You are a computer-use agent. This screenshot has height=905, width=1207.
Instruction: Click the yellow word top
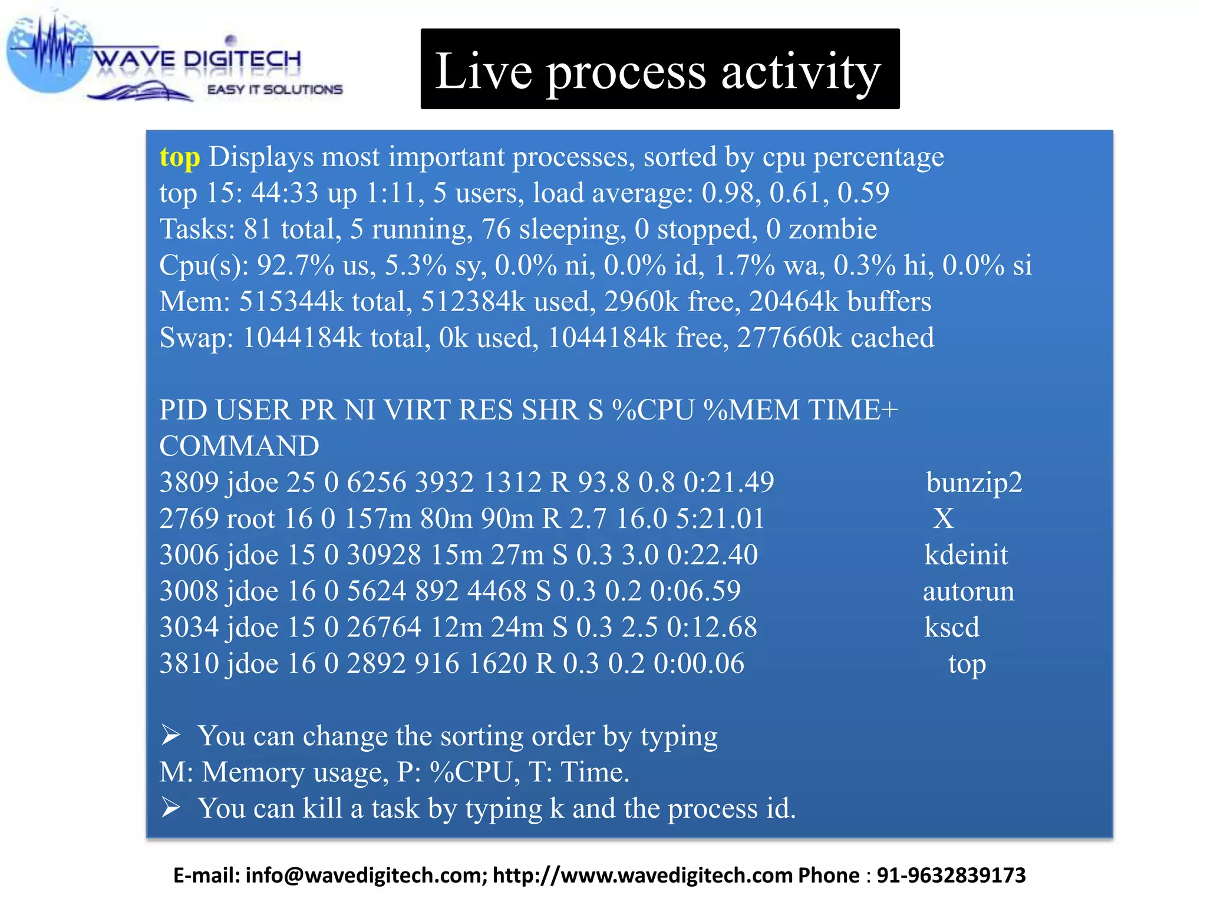180,158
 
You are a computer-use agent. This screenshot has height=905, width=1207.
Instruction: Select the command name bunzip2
974,483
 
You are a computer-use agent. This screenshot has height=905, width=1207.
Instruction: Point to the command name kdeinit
965,555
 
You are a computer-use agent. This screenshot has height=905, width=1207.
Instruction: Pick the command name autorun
968,592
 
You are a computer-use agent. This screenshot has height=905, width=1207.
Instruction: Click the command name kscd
951,627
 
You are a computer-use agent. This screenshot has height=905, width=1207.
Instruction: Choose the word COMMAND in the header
239,446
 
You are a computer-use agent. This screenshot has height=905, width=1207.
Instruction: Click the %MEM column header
751,410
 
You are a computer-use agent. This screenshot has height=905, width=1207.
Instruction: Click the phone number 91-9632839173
951,876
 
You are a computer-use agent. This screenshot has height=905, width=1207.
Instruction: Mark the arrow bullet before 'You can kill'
171,807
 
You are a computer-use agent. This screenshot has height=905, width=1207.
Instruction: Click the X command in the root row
943,519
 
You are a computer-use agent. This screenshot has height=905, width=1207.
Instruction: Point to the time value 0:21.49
728,483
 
